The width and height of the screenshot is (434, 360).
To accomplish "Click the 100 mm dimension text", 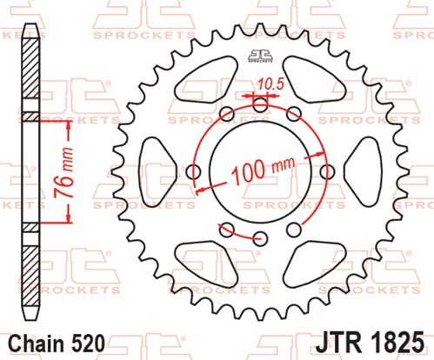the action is coord(263,170).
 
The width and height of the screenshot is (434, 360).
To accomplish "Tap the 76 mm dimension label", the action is coord(64,171).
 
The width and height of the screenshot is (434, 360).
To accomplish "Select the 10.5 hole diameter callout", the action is coord(270,84).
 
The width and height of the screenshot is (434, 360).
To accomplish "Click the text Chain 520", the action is coord(57,343).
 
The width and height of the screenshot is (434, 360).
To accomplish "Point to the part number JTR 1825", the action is coord(370,343).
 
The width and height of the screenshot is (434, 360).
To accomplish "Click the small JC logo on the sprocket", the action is coord(260,56).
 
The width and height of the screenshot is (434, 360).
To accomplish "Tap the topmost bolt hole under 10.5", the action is coord(260,104).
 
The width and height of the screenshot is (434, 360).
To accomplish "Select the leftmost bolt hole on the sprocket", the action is coord(193,172).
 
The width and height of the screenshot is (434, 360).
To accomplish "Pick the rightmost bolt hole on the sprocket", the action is coord(328,172).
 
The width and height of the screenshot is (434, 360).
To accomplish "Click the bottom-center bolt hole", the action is coord(260,238).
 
